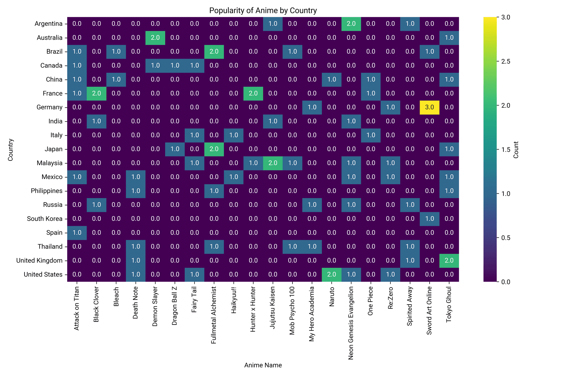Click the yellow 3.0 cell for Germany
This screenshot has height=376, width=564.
click(x=429, y=107)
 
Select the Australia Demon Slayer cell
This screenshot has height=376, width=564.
click(x=155, y=38)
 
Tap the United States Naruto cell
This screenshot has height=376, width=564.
click(x=332, y=274)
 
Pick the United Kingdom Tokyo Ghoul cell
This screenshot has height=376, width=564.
click(x=449, y=261)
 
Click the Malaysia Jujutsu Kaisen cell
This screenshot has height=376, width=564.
click(x=273, y=163)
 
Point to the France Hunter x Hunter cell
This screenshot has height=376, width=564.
click(x=253, y=93)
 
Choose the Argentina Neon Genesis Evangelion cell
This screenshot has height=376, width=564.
click(x=351, y=24)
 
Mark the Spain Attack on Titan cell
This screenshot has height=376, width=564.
click(x=77, y=233)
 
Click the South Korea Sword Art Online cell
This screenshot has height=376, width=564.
click(x=429, y=219)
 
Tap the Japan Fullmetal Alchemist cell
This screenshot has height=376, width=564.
click(x=214, y=149)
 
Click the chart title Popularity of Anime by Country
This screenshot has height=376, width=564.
click(x=263, y=10)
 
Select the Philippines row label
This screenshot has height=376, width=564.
click(x=47, y=191)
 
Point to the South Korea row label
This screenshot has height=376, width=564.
click(x=45, y=219)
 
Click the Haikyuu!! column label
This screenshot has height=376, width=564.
click(x=234, y=300)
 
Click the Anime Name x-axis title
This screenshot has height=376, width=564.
click(x=263, y=365)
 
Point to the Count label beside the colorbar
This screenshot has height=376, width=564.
click(x=516, y=150)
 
